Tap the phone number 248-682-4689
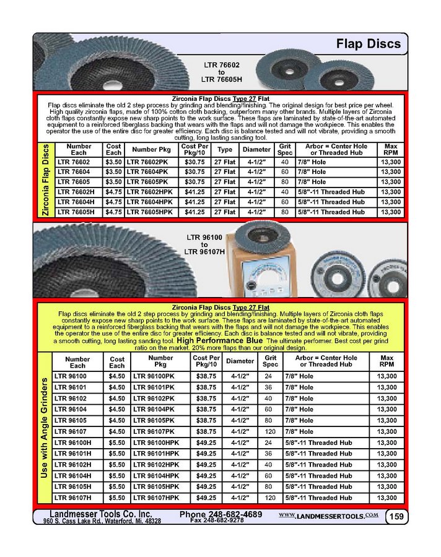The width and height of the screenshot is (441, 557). coord(220,514)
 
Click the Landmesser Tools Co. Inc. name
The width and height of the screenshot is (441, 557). coord(101,514)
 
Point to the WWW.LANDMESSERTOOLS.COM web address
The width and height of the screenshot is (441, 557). coord(329,515)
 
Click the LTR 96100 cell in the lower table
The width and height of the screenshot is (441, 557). coord(71,376)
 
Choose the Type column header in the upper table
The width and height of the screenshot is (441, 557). coord(225,150)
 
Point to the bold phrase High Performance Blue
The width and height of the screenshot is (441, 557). coord(220,340)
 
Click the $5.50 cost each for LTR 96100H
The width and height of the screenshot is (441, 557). coord(116,443)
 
